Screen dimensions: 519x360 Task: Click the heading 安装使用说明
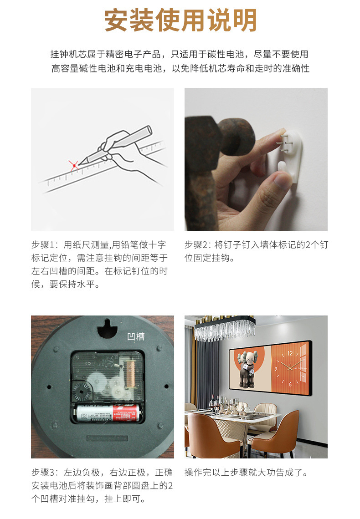(x=180, y=20)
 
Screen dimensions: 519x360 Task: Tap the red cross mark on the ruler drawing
(x=74, y=165)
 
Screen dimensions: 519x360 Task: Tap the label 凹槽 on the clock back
(x=135, y=336)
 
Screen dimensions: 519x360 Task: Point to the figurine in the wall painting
(x=250, y=369)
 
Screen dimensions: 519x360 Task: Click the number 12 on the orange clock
(x=290, y=353)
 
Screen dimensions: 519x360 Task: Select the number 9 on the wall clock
(x=276, y=368)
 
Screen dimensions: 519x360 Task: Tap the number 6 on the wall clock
(x=290, y=384)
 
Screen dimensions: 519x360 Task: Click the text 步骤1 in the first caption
(x=45, y=244)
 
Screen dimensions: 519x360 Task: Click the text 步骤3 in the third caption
(x=45, y=472)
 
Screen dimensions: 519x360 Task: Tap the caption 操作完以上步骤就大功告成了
(x=246, y=472)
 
